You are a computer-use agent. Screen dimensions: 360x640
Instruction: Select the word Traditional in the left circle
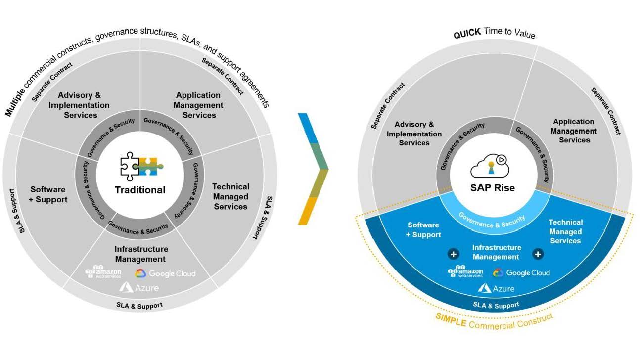(x=140, y=190)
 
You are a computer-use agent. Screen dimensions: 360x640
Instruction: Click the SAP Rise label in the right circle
(x=492, y=188)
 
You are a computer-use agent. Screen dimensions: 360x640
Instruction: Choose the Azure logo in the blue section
(x=496, y=288)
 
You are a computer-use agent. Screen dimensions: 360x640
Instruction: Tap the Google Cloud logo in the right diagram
(x=521, y=272)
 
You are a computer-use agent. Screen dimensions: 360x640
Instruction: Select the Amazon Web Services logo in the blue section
(x=465, y=272)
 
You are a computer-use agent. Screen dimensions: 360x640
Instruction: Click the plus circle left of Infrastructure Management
(x=453, y=254)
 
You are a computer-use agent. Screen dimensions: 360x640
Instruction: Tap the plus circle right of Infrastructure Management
(x=538, y=254)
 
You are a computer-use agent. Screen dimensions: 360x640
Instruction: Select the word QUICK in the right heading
(x=467, y=32)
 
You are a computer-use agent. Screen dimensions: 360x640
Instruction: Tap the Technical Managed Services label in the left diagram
(x=230, y=196)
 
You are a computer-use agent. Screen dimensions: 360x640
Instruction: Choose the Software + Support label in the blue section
(x=423, y=230)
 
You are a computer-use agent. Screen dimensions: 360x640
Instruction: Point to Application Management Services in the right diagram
(x=574, y=131)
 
